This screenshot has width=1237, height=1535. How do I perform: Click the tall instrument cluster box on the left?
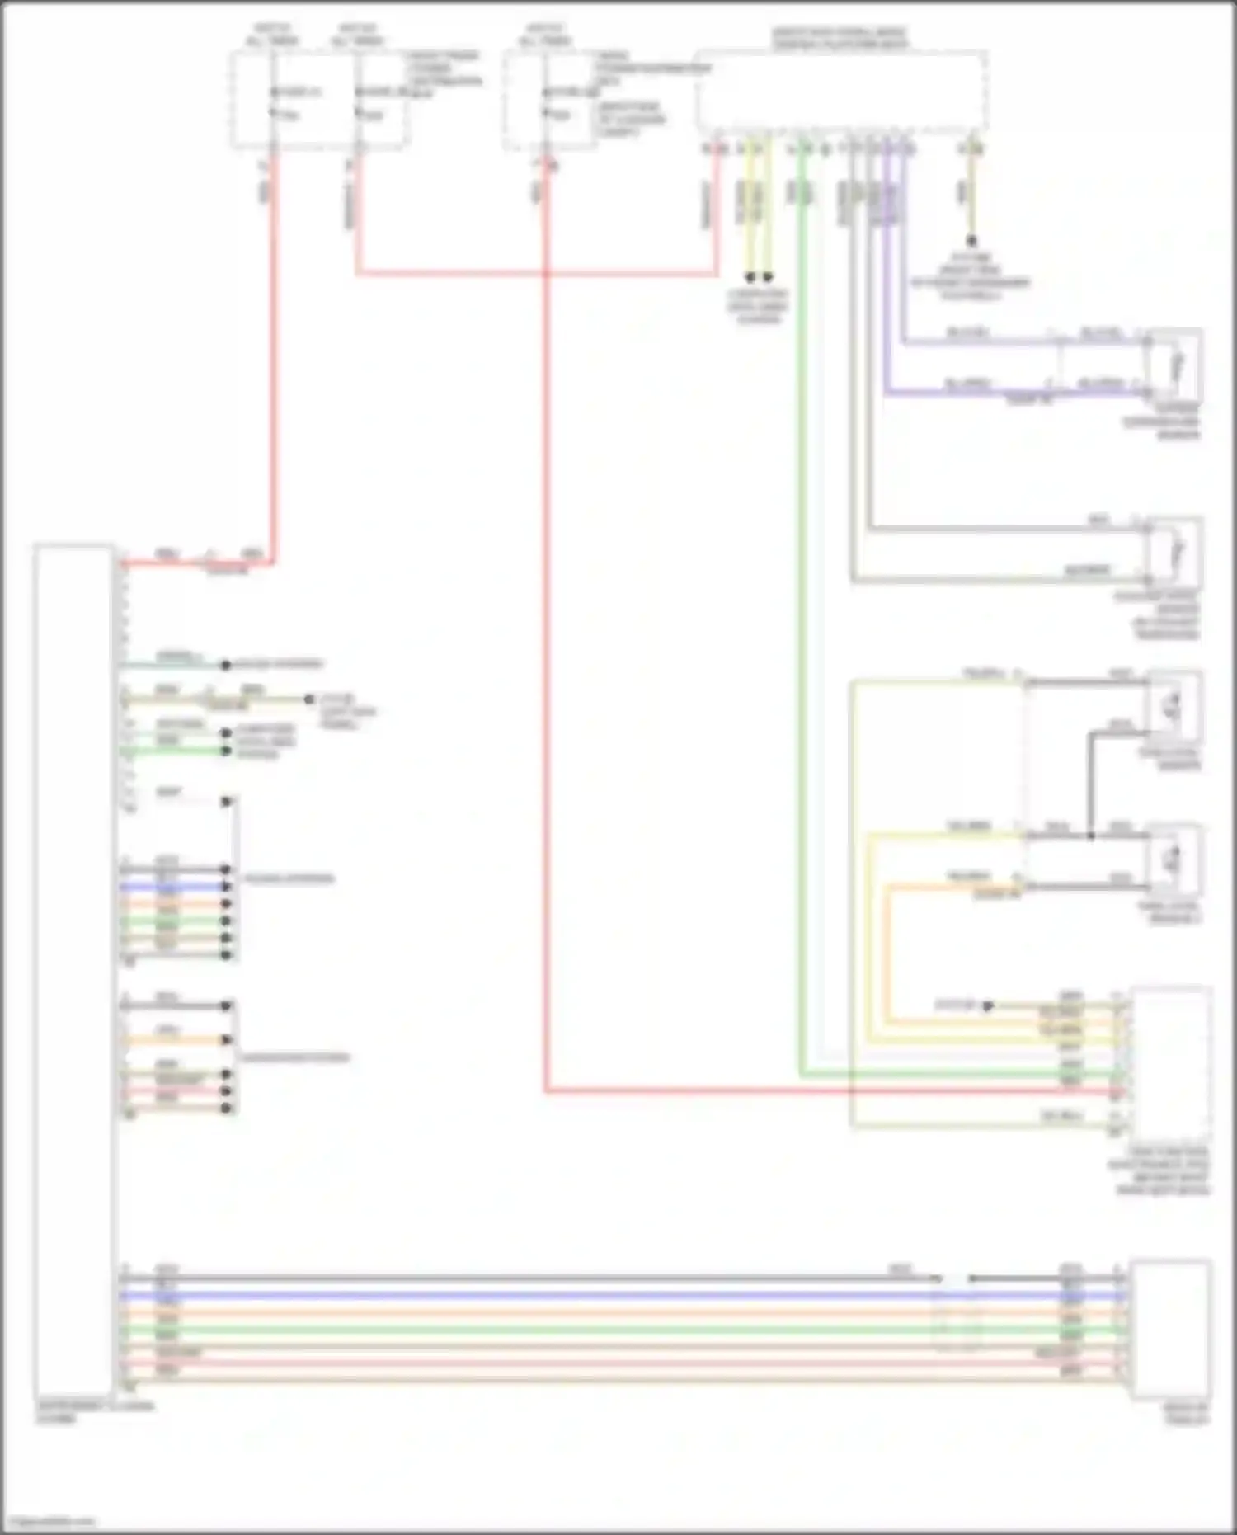(x=73, y=969)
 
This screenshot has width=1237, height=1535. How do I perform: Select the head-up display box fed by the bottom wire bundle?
(x=1170, y=1329)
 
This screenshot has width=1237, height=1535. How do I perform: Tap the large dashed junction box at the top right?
(x=841, y=91)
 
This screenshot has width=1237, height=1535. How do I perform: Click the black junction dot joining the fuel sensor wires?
(x=1090, y=836)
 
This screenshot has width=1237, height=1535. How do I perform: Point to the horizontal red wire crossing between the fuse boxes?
(x=536, y=273)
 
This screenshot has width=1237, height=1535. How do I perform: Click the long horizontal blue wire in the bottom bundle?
(x=577, y=1296)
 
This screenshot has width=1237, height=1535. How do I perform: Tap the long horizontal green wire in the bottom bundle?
(x=577, y=1330)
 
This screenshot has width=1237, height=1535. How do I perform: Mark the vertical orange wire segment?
(x=888, y=949)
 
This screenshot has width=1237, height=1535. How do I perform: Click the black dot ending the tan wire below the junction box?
(x=971, y=242)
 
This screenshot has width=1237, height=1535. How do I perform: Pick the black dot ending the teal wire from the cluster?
(x=225, y=664)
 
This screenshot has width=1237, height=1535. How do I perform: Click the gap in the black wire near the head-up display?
(x=954, y=1278)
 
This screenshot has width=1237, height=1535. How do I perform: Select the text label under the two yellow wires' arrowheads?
(x=757, y=306)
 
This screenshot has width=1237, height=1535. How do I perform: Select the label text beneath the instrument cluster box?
(x=94, y=1412)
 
